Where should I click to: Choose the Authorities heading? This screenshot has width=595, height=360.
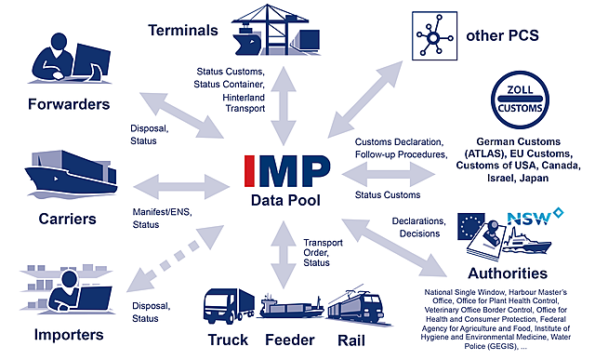coord(509,273)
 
